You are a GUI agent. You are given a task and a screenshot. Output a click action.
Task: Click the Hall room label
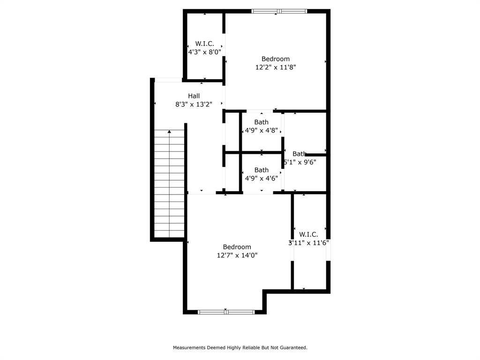(x=194, y=96)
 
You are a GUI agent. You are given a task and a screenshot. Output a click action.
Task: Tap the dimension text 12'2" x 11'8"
(x=276, y=67)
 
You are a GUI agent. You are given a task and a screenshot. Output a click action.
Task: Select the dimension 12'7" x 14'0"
(x=237, y=255)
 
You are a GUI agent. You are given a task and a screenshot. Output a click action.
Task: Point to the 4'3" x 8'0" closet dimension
(x=204, y=52)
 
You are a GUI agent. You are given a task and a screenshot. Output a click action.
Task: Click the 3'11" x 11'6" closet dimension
(x=308, y=243)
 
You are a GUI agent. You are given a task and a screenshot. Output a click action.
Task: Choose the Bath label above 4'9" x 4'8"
(x=262, y=122)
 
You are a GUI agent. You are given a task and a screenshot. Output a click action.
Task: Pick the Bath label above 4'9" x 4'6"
(x=262, y=170)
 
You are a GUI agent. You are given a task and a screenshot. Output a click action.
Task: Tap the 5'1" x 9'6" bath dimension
(x=300, y=162)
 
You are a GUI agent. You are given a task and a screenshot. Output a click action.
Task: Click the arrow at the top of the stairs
(x=169, y=133)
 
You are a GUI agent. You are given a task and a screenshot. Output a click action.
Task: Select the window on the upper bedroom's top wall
(x=279, y=11)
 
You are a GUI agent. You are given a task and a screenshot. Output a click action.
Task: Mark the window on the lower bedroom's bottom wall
(x=226, y=312)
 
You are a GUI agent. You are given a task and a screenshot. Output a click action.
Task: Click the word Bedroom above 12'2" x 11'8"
(x=276, y=59)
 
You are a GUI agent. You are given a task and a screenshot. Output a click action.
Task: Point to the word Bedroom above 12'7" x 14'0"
(x=237, y=247)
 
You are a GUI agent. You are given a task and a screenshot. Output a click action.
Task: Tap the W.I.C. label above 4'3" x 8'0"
(x=204, y=44)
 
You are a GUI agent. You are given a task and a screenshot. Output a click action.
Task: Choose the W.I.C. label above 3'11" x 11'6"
(x=308, y=234)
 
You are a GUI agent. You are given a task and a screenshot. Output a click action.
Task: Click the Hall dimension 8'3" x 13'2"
(x=194, y=105)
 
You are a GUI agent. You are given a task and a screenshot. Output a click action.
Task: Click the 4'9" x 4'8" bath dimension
(x=262, y=131)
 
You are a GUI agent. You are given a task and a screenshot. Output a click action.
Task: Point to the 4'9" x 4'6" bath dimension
(x=262, y=178)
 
